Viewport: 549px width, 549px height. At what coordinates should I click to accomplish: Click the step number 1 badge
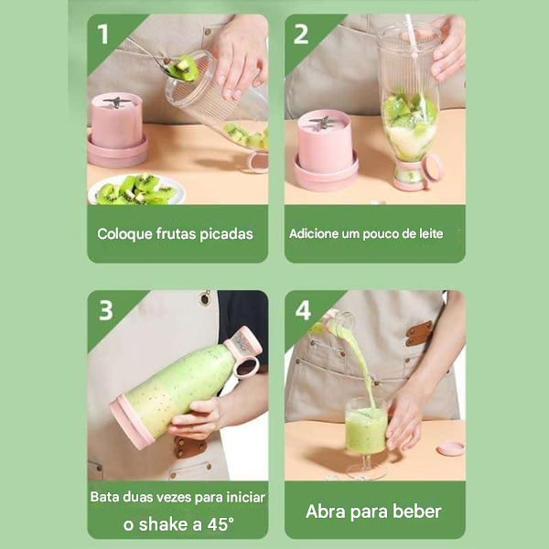coord(102,34)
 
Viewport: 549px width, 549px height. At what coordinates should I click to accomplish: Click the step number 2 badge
coord(300,34)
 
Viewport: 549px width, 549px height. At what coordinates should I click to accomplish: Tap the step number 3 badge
coord(105,310)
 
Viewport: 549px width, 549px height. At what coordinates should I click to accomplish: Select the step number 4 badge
coord(303,310)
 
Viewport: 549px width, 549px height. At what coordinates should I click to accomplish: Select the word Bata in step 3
coord(105,498)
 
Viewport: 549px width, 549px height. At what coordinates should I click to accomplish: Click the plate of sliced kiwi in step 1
coord(135,188)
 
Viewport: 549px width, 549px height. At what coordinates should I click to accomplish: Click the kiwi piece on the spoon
coord(186,67)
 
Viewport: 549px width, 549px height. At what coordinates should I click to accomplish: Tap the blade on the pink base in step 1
coord(117,101)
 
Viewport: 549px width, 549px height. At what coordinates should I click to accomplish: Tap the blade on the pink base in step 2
coord(324,121)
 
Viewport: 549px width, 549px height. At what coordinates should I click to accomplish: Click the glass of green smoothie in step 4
coord(366,431)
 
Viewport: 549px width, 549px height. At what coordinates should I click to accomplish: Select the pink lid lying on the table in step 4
coord(449,447)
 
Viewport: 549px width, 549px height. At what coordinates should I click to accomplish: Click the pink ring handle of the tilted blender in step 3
coord(246,367)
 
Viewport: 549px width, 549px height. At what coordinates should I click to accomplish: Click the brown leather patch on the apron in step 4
coord(420,332)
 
